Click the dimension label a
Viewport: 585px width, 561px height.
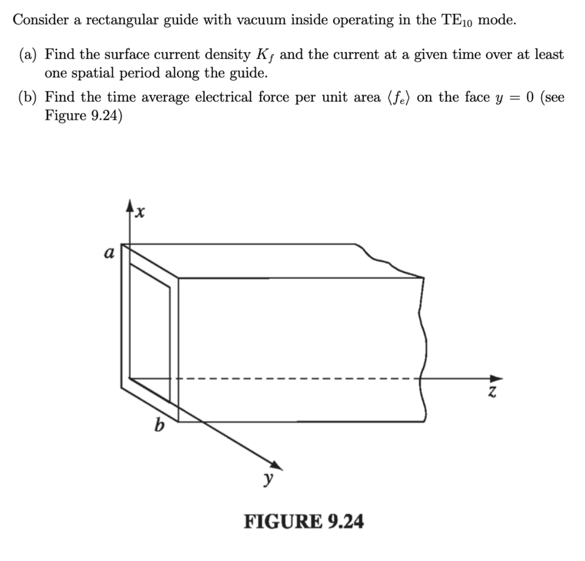pyautogui.click(x=109, y=254)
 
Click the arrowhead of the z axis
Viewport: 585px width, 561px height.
pyautogui.click(x=495, y=378)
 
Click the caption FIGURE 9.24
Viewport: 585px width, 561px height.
pyautogui.click(x=303, y=520)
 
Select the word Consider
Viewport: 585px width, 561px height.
pyautogui.click(x=39, y=20)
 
